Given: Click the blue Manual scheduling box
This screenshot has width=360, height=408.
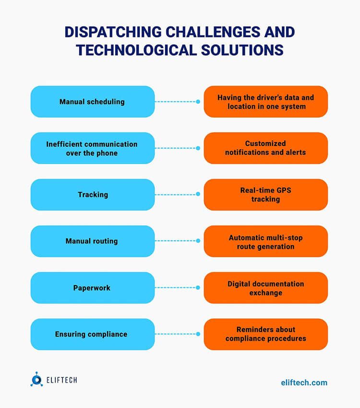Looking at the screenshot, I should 92,102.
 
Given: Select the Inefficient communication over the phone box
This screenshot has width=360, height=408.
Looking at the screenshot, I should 92,148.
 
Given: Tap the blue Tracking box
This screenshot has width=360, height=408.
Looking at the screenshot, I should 92,195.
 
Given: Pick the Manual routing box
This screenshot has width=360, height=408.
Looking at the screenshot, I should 92,241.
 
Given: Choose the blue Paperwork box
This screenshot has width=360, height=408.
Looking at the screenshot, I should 92,288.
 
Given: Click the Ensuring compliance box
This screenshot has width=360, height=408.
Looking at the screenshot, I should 92,334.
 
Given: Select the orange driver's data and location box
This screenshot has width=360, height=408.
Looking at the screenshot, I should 265,102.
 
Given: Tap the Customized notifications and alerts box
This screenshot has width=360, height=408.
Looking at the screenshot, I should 265,148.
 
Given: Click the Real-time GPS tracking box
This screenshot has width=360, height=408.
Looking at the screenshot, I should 265,195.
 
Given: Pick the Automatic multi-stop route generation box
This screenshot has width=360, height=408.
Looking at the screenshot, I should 265,241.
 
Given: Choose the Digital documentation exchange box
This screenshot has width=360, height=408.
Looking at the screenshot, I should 265,288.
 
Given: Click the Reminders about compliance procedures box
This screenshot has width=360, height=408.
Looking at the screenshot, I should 265,334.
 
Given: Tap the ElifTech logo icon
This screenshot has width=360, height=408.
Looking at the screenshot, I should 36,379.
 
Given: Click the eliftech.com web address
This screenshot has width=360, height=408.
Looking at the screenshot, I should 304,383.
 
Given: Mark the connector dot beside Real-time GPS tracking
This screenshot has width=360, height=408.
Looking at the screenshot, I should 198,195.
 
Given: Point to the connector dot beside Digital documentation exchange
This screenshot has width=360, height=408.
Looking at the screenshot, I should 198,288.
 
